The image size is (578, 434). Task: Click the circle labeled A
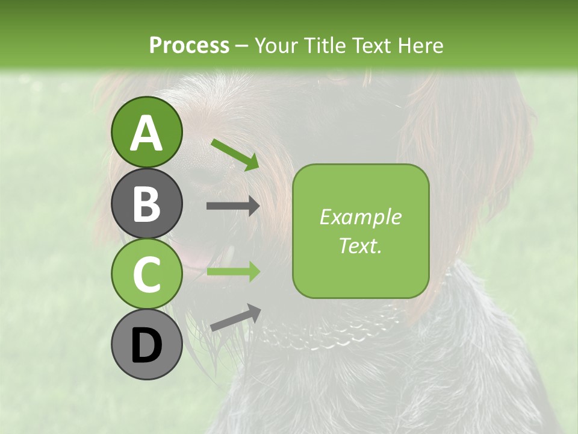tap(147, 133)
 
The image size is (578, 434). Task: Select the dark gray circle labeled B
tap(147, 204)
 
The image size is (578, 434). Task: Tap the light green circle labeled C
tap(147, 274)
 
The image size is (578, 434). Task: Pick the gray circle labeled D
tap(147, 345)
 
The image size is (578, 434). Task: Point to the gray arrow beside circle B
tap(233, 206)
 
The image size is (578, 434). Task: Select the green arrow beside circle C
tap(233, 272)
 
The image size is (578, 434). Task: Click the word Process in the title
tap(189, 46)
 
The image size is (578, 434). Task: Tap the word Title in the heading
tap(325, 46)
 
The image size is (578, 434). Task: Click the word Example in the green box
tap(360, 217)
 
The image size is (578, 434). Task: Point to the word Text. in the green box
tap(360, 245)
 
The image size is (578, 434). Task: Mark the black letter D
tap(147, 346)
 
